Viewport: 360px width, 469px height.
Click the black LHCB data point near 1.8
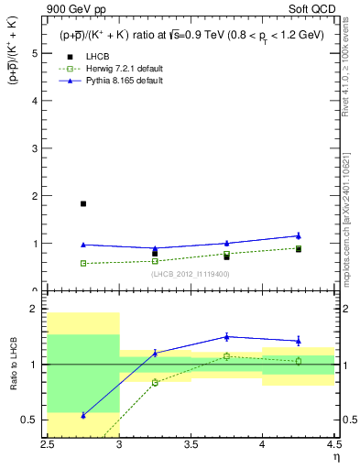pos(83,203)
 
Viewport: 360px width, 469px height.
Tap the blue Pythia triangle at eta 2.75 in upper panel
pos(83,245)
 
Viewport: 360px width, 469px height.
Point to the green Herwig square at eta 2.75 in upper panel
pos(83,263)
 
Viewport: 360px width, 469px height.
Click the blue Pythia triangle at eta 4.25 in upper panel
pos(298,235)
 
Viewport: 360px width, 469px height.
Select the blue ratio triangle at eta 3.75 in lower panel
pos(226,336)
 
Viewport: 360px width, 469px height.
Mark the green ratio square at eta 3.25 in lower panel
pos(155,382)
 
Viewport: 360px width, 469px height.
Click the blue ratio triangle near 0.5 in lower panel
pos(83,415)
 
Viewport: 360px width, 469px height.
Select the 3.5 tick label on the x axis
pos(191,445)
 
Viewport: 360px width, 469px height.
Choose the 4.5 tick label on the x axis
pos(333,445)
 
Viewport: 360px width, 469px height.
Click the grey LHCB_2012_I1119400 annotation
pos(191,274)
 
